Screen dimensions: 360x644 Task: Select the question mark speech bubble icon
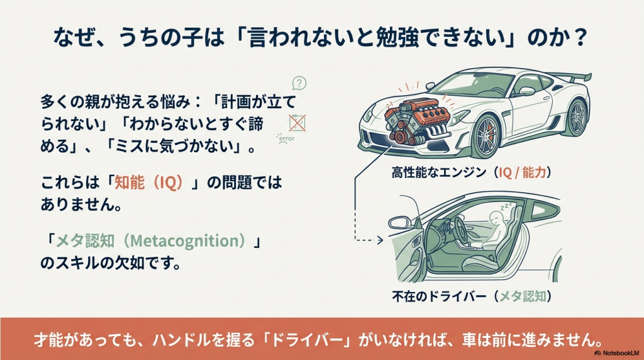click(300, 82)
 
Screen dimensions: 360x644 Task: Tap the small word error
click(286, 137)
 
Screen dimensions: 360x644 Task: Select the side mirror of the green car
click(398, 222)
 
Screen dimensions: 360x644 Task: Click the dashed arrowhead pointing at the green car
click(380, 240)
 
